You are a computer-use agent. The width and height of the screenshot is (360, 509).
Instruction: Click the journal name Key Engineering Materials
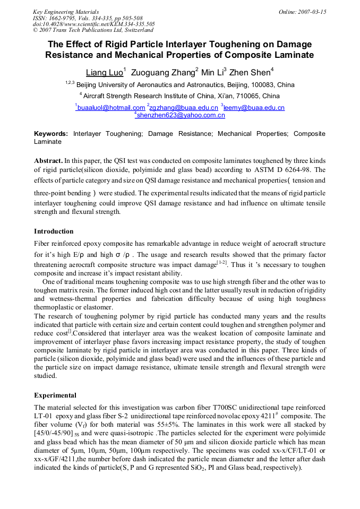[65, 12]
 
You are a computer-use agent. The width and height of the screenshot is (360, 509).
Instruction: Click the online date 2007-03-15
[308, 12]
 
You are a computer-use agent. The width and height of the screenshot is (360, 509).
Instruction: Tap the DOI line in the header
[94, 24]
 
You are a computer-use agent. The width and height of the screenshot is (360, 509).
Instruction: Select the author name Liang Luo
[104, 72]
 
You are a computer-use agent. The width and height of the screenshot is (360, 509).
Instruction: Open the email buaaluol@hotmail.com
[111, 108]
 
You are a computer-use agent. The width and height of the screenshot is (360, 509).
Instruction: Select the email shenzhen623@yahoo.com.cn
[181, 115]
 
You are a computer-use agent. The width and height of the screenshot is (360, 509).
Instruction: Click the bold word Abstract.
[48, 160]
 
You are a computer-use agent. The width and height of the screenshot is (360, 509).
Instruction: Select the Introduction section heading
[54, 231]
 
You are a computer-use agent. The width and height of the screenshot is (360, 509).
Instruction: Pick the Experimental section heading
[55, 395]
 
